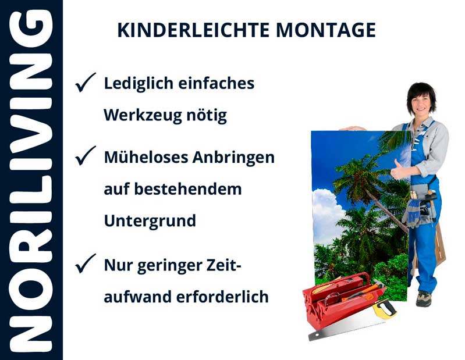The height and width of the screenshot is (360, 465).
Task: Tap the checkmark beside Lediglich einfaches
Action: [x=85, y=83]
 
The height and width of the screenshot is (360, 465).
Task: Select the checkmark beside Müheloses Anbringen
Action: [x=85, y=156]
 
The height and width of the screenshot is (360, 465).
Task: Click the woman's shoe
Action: [x=423, y=298]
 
